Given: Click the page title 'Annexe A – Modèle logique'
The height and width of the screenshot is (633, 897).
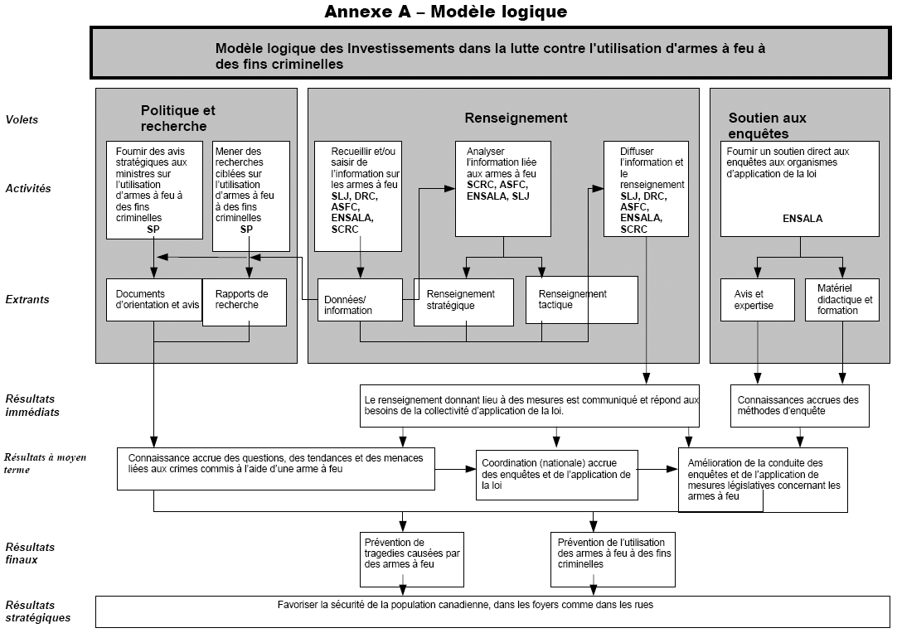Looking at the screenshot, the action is click(x=446, y=12).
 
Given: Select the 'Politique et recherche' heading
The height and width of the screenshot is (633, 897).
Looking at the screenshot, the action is click(x=178, y=118).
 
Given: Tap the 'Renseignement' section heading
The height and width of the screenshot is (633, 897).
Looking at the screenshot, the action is click(x=516, y=118).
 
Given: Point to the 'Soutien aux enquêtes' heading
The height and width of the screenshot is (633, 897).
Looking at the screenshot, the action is click(x=767, y=126).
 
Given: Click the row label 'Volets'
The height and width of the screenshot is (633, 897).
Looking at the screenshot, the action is click(x=22, y=119).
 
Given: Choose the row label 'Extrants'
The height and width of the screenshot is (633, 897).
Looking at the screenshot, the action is click(x=27, y=299).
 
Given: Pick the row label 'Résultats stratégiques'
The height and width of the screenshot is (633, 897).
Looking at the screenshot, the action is click(x=38, y=611).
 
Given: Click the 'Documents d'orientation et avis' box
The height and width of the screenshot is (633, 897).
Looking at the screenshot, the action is click(x=154, y=300).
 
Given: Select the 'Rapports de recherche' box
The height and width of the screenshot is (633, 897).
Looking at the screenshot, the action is click(x=245, y=302).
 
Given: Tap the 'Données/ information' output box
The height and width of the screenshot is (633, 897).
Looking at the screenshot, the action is click(x=360, y=300).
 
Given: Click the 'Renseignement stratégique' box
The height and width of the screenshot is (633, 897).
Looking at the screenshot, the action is click(x=463, y=302).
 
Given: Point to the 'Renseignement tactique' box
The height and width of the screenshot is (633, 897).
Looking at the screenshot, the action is click(x=581, y=300).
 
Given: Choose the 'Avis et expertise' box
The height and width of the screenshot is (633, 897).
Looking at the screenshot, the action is click(x=758, y=300).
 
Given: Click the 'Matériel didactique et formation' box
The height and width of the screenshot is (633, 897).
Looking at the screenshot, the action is click(x=842, y=300).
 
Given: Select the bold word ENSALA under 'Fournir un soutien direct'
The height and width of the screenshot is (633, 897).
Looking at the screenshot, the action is click(x=802, y=219).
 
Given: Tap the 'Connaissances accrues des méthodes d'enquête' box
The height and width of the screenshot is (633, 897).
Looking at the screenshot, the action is click(x=800, y=406).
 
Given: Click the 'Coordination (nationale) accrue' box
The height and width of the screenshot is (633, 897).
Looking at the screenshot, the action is click(x=556, y=476).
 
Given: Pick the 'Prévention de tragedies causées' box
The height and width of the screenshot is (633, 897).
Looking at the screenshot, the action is click(x=412, y=559).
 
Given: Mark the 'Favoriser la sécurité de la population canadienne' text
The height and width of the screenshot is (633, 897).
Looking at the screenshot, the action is click(x=465, y=605).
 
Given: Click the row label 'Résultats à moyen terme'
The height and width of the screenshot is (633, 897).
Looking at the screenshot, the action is click(x=46, y=463).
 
